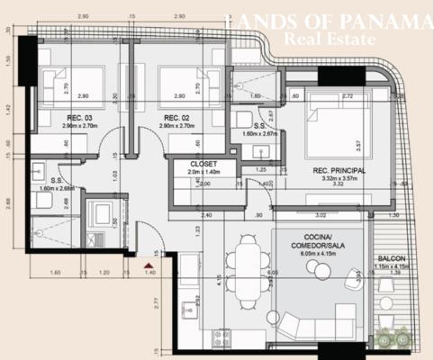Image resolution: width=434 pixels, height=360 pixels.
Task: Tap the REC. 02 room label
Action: tap(177, 118)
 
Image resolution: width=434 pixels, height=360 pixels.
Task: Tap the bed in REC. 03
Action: tap(77, 85)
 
